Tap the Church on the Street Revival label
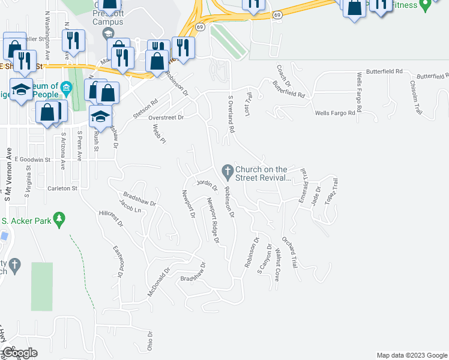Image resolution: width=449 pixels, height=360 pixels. point(262,173)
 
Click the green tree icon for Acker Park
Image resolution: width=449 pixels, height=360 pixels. point(59,220)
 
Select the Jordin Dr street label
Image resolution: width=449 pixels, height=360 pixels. point(206,184)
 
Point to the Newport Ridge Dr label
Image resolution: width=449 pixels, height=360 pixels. point(212,220)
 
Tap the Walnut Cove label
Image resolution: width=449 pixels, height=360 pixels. point(277,266)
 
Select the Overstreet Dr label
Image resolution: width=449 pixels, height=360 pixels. point(166,118)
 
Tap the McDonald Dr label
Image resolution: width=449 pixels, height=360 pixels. point(155,284)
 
